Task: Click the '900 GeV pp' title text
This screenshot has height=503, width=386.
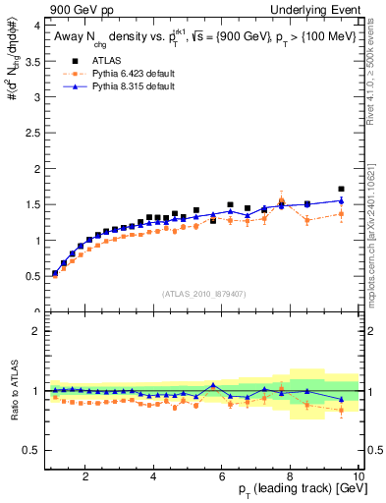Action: [x=74, y=9]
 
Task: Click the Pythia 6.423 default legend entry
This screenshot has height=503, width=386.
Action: [x=123, y=75]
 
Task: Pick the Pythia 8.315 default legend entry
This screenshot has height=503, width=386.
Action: [x=123, y=86]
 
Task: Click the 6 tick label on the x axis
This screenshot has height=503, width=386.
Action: [x=222, y=475]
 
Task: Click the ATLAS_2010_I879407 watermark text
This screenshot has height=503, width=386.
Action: [x=204, y=293]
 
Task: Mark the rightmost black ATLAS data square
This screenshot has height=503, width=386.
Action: [x=341, y=189]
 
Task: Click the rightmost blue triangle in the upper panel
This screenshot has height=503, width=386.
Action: [x=341, y=200]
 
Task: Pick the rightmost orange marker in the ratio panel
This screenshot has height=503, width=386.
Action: [x=341, y=410]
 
